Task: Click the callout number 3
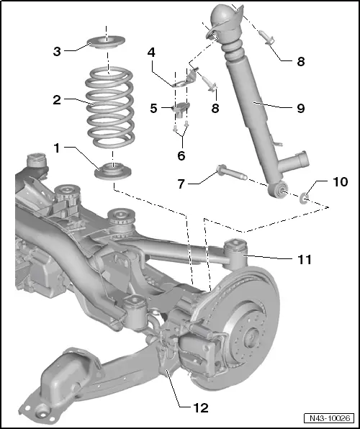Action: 57,51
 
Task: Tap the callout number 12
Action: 201,408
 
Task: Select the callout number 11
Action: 305,260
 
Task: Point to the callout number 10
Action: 341,181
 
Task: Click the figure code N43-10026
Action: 330,418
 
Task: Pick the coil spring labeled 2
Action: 110,107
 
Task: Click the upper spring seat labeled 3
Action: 107,42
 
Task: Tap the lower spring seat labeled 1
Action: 113,171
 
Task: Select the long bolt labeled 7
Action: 232,173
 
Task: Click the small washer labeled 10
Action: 304,198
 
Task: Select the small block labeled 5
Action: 181,109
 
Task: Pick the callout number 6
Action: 181,155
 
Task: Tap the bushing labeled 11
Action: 235,252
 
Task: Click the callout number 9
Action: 301,109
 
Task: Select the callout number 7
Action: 181,184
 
